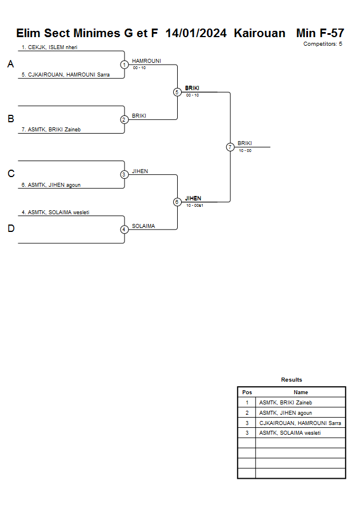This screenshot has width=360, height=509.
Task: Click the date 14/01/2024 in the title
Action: tap(197, 33)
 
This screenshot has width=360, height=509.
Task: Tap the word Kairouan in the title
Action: tap(259, 33)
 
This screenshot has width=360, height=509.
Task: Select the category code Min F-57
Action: tap(320, 33)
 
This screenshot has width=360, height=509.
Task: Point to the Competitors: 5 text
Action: tap(323, 44)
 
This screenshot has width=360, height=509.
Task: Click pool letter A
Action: tap(10, 65)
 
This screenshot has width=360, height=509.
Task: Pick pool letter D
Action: tap(10, 229)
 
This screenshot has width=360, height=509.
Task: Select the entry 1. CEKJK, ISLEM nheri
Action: tap(49, 47)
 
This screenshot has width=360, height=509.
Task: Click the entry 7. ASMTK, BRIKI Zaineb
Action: tap(51, 130)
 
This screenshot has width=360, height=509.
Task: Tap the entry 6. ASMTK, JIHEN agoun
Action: tap(50, 185)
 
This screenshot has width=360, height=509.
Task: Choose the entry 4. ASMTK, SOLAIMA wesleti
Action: tap(55, 213)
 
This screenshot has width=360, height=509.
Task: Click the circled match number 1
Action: tap(124, 65)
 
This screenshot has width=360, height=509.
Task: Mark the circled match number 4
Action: tap(124, 230)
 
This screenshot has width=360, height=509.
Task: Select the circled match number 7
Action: tap(230, 147)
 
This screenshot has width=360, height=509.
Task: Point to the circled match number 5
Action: tap(177, 92)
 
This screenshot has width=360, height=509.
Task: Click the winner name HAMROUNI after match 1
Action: tap(146, 61)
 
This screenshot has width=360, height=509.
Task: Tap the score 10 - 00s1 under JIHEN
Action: tap(195, 206)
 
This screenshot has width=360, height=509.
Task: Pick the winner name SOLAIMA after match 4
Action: tap(143, 226)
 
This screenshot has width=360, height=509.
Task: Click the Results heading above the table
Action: tap(291, 380)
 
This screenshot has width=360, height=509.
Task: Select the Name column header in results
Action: tap(301, 392)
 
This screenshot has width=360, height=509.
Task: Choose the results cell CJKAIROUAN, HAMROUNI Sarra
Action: tap(300, 423)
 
